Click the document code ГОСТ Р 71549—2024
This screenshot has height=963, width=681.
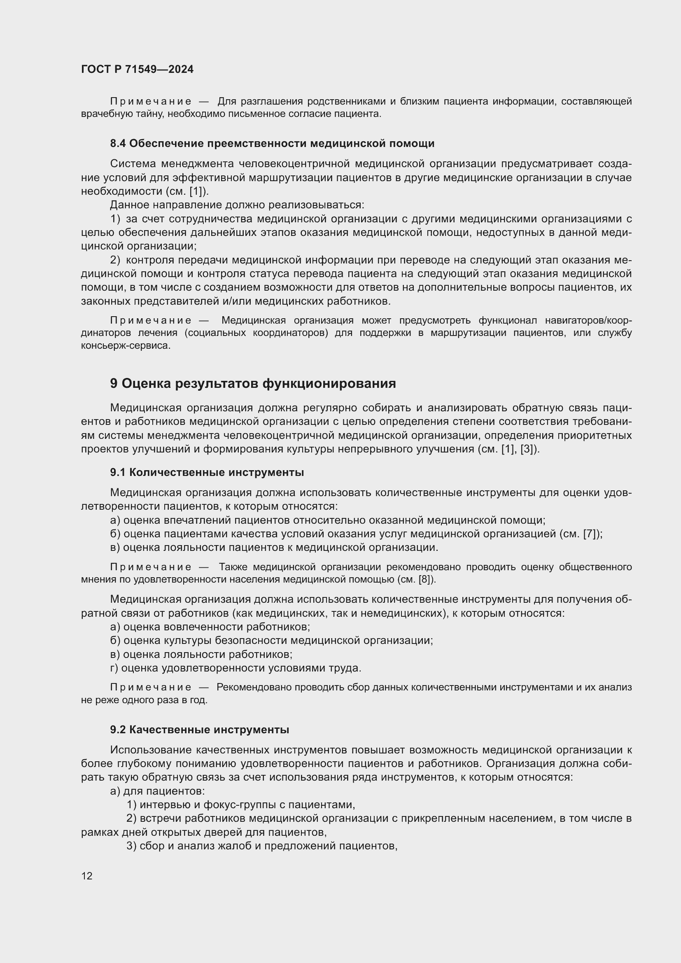click(x=137, y=70)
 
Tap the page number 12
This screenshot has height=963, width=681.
click(x=87, y=876)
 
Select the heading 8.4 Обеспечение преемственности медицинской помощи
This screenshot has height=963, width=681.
click(x=272, y=143)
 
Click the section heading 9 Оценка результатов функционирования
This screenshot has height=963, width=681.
click(x=253, y=383)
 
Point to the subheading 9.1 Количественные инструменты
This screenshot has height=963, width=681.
click(x=207, y=472)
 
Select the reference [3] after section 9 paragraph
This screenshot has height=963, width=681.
click(x=527, y=449)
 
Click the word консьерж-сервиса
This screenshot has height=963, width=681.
click(x=126, y=346)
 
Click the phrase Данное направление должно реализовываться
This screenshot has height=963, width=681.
click(x=237, y=205)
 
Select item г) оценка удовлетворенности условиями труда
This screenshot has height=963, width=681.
click(x=236, y=668)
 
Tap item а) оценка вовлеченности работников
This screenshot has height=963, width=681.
click(x=210, y=627)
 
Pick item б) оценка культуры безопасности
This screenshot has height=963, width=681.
click(x=271, y=641)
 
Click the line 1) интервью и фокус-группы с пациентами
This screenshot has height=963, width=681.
click(x=241, y=805)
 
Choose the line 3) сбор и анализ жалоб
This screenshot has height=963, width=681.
click(x=262, y=846)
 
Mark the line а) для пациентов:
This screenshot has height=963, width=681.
click(x=157, y=791)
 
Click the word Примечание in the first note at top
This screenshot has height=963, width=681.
click(x=151, y=102)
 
